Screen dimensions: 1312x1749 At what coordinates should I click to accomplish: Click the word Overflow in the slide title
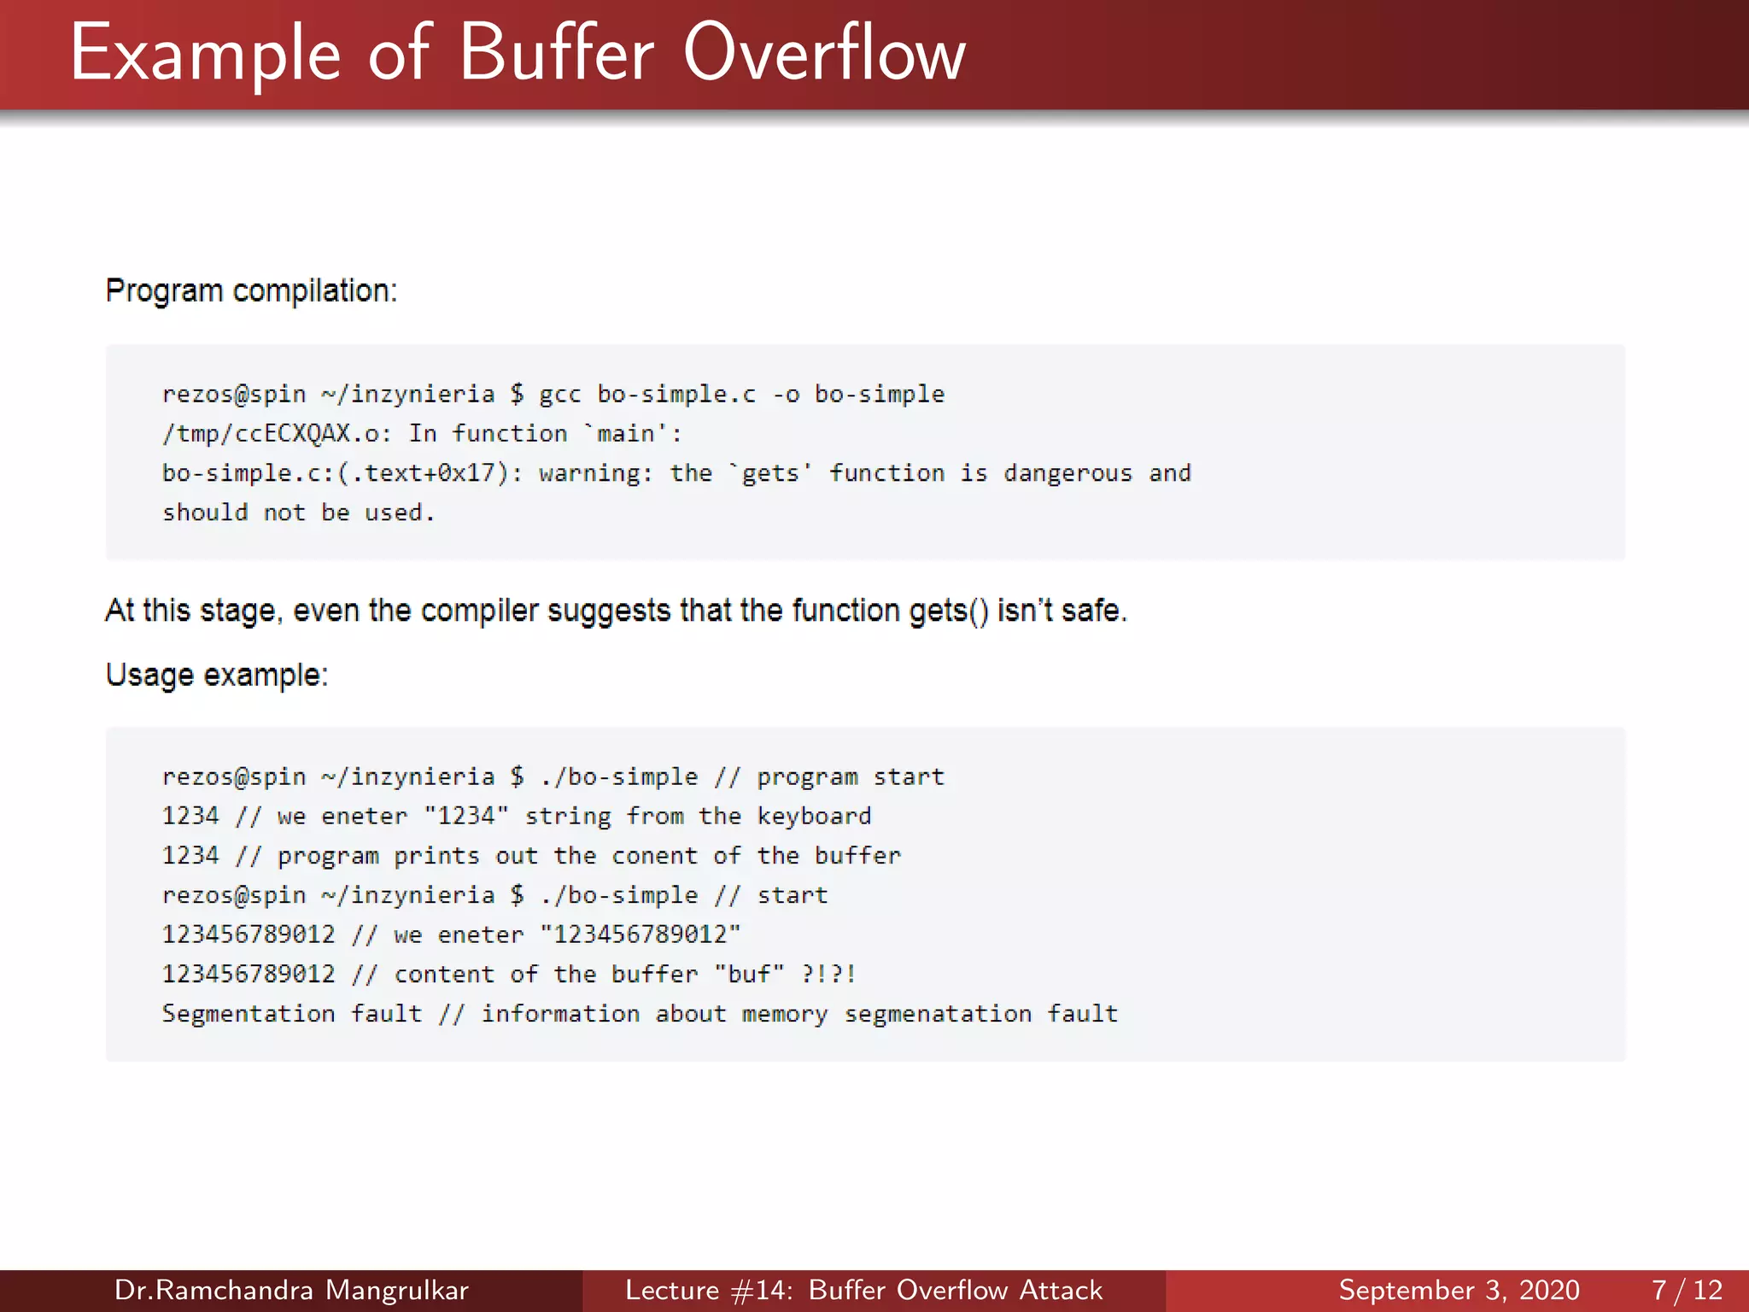[x=824, y=54]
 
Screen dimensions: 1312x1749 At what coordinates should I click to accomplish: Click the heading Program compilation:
[x=251, y=291]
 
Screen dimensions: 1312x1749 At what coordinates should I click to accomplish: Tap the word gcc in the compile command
[x=559, y=395]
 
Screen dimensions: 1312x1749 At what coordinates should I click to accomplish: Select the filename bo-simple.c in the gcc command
[x=676, y=395]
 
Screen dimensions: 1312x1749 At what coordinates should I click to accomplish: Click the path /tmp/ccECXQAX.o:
[x=277, y=434]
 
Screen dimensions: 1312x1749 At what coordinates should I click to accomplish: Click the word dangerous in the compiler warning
[x=1068, y=473]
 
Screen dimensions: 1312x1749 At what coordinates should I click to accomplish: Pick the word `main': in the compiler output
[x=633, y=434]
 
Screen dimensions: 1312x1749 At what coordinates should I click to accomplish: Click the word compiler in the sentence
[x=479, y=612]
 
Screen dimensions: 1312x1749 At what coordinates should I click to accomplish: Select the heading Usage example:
[x=217, y=676]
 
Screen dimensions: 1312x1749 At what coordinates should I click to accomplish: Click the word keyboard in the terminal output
[x=814, y=817]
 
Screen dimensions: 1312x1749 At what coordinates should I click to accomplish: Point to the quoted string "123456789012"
[x=641, y=934]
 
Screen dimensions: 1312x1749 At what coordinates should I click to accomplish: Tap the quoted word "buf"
[x=749, y=974]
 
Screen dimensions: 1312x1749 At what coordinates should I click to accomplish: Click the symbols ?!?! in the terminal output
[x=828, y=974]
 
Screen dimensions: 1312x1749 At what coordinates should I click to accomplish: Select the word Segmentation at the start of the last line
[x=249, y=1014]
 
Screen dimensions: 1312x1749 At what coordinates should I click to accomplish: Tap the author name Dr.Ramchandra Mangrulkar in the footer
[x=291, y=1290]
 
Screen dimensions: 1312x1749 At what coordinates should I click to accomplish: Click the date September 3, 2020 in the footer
[x=1459, y=1290]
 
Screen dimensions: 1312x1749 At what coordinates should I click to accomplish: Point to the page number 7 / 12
[x=1687, y=1290]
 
